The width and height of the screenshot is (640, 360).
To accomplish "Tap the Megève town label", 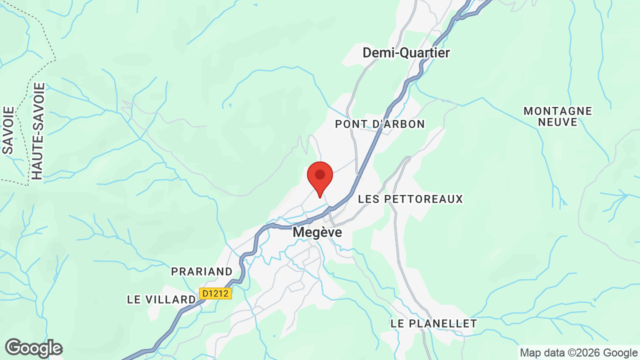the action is (x=317, y=232).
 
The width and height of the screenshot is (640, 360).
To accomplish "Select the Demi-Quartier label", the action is (x=406, y=52).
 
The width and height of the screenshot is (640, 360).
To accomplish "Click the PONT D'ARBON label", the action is (x=380, y=124).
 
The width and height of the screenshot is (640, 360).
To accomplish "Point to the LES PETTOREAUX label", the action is (x=410, y=199).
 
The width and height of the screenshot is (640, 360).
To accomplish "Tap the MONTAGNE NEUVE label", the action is (x=557, y=116).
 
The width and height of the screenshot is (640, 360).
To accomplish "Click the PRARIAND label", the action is (x=202, y=271).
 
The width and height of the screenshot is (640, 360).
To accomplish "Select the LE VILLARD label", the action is (x=161, y=299).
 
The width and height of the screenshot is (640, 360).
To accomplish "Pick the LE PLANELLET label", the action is (x=434, y=323).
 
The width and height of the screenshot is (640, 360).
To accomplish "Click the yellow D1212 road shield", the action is (x=215, y=293).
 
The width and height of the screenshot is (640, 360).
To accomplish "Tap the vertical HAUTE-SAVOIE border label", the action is (x=38, y=131).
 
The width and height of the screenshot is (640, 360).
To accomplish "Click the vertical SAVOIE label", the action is (x=8, y=130).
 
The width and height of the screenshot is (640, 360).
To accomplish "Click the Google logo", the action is (x=33, y=348).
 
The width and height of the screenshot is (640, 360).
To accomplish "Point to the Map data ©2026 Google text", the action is (x=578, y=353).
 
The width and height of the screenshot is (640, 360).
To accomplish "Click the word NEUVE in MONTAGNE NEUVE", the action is (x=558, y=122).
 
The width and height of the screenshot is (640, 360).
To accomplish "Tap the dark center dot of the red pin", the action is (x=320, y=174).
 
